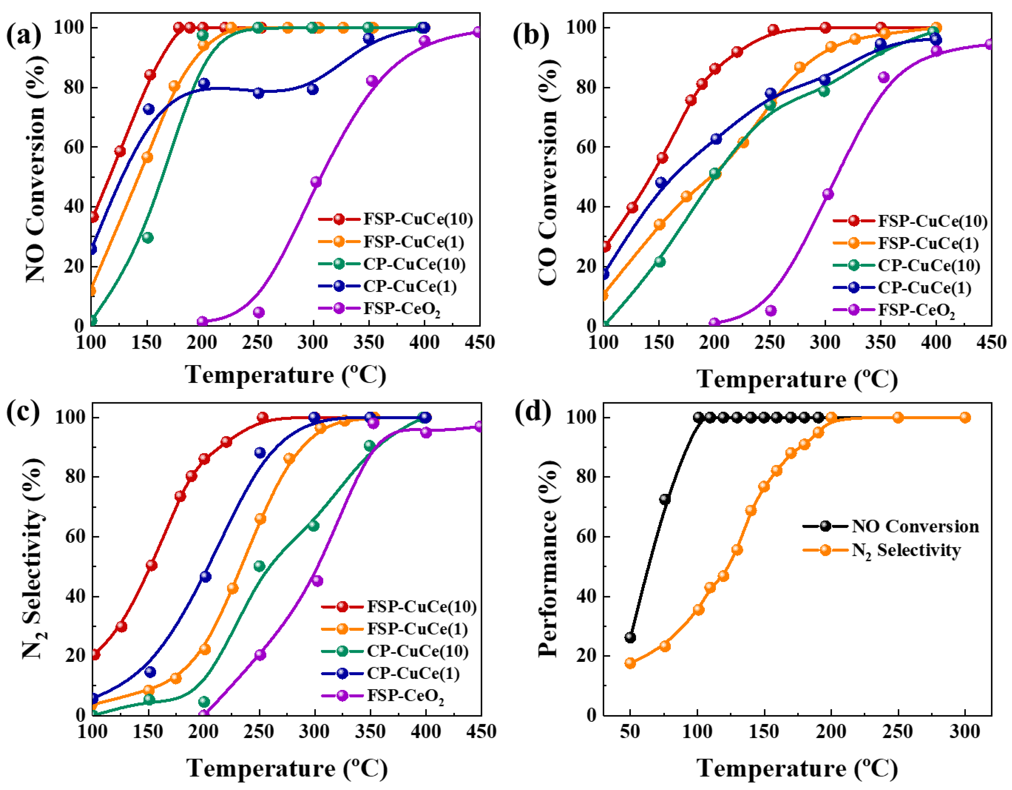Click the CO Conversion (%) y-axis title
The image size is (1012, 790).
click(548, 172)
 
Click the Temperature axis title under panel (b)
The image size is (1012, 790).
click(797, 379)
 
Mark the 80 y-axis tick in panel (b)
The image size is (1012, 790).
click(586, 87)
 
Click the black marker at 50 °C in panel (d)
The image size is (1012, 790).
click(630, 638)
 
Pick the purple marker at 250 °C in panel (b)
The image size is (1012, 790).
click(771, 310)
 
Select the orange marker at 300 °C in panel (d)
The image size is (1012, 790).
click(965, 417)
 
